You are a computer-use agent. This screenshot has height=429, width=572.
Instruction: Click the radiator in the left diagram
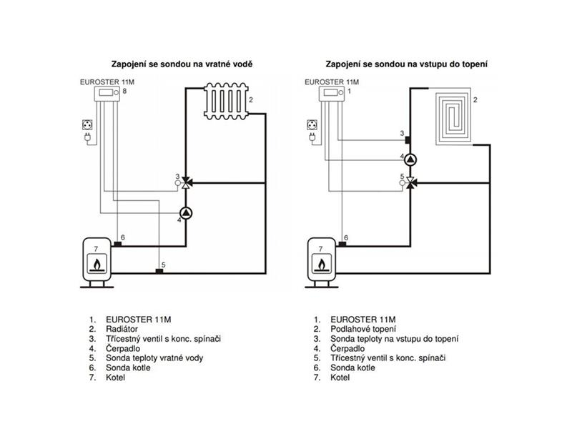click(226, 101)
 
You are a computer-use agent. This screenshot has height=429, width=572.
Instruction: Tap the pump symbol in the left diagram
click(186, 213)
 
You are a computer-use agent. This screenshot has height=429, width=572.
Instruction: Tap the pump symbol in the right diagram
click(410, 159)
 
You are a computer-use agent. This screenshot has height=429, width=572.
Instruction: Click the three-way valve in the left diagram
click(186, 182)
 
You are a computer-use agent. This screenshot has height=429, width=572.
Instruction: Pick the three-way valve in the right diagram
click(410, 182)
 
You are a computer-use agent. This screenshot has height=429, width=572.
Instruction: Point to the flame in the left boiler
click(97, 264)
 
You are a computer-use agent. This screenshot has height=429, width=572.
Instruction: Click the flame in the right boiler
click(321, 264)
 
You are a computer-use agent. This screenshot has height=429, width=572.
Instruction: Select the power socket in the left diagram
click(87, 124)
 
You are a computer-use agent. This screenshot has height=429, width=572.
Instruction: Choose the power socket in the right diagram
click(312, 124)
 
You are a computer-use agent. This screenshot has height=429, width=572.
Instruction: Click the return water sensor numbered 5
click(159, 271)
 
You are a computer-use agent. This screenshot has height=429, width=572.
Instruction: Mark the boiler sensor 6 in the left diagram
click(117, 244)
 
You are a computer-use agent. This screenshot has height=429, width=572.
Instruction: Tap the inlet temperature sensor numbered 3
click(408, 139)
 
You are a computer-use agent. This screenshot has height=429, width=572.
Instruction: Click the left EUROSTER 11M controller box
click(107, 94)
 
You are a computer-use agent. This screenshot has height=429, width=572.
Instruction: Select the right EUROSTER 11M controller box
click(332, 94)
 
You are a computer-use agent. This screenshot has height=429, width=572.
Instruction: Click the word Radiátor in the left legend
click(122, 329)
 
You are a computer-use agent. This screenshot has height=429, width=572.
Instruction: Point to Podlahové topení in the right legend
click(363, 330)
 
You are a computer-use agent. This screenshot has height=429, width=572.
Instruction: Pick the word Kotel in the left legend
click(115, 378)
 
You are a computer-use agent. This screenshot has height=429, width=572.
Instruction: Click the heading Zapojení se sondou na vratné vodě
click(182, 64)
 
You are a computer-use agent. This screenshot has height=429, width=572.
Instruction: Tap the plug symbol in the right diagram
click(312, 137)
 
